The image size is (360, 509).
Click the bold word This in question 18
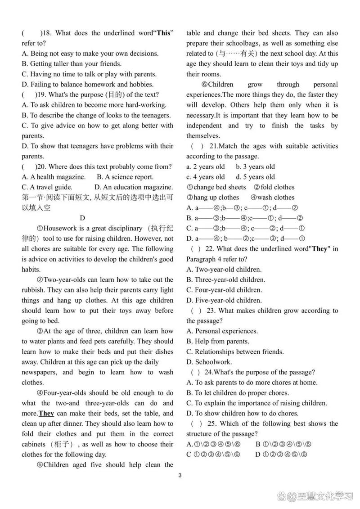(x=163, y=33)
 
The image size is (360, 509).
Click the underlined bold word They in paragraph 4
(x=47, y=413)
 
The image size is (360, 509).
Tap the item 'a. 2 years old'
(x=206, y=167)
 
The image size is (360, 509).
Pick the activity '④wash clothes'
(x=272, y=197)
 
